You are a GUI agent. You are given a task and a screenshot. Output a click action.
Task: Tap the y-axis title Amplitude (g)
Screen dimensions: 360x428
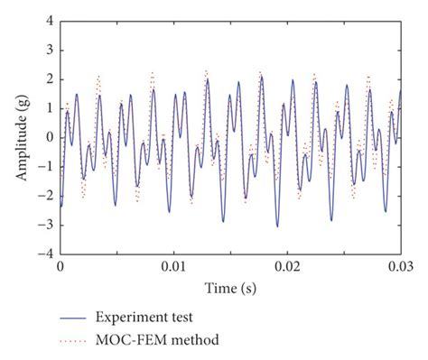point(21,137)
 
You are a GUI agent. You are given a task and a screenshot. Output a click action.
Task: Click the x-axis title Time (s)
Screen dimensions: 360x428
point(230,289)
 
